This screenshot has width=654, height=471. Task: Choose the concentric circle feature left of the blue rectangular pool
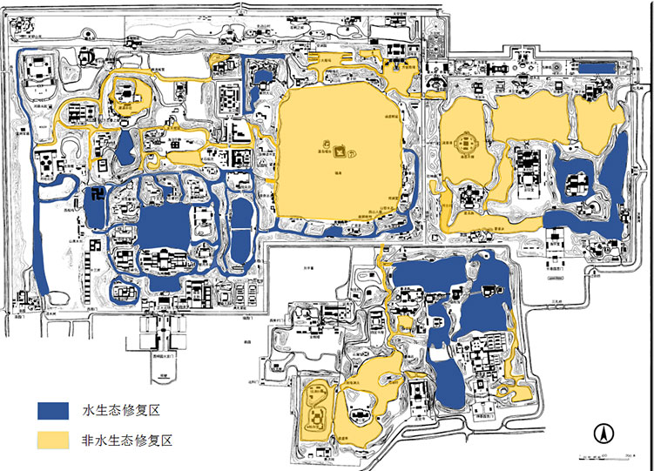coord(555,66)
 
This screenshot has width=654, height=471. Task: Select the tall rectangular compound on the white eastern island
coord(527,169)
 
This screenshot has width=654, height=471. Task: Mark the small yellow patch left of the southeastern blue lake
coord(402,323)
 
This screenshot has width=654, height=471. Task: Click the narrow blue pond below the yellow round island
coord(126,145)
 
